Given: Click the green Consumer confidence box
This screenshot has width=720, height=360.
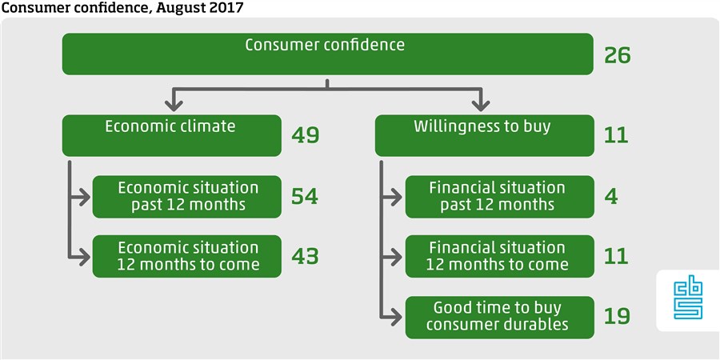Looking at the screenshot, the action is (327, 54).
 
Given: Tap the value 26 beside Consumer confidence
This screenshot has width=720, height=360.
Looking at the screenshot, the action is (617, 56).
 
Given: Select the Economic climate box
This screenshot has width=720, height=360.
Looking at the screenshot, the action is (172, 135).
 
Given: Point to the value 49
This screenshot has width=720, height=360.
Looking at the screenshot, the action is (305, 135).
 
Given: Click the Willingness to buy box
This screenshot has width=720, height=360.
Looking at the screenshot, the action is (485, 135).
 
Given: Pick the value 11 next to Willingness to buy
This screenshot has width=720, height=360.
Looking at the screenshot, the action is (616, 135).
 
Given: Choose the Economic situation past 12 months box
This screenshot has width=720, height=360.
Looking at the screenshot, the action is (187, 197).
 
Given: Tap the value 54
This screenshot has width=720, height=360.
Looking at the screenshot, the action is (305, 197).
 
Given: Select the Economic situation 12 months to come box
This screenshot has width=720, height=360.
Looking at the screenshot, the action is (187, 256).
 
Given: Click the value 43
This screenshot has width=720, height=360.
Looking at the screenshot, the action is (305, 256).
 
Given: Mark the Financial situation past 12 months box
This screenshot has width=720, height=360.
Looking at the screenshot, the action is (499, 197).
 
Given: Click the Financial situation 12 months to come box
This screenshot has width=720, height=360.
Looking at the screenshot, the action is (499, 256).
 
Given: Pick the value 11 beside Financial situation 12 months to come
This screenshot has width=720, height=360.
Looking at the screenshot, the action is (616, 256).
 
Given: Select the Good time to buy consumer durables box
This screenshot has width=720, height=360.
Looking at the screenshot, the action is (499, 318).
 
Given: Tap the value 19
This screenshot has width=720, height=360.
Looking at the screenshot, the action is (617, 316).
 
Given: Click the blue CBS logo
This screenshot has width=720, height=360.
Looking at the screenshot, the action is (688, 300).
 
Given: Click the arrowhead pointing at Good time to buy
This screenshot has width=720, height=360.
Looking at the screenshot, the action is (397, 318).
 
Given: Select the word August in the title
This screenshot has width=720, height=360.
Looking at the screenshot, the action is (182, 8).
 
